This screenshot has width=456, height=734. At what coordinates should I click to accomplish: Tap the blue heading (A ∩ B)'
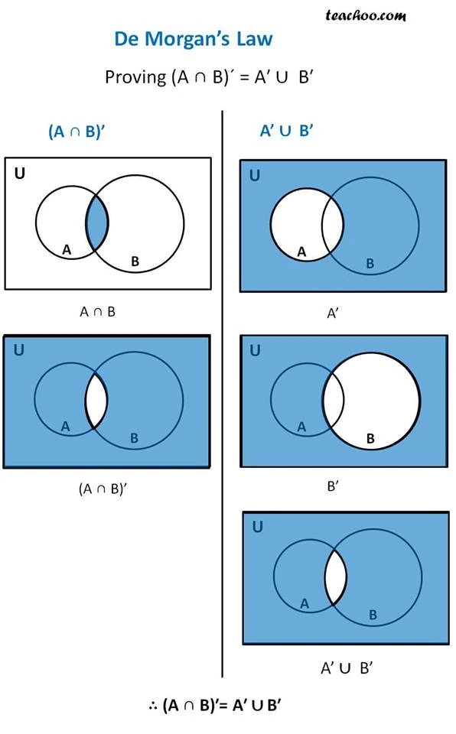pos(77,132)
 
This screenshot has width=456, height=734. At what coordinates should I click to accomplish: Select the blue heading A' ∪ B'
pos(287,131)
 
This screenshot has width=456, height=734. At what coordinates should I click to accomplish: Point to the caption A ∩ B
pos(98,311)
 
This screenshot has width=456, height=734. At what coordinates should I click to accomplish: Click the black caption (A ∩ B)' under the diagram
pos(103,489)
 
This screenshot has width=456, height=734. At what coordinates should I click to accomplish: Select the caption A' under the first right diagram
pos(333,313)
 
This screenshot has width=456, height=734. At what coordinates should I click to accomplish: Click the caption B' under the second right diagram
pos(333,486)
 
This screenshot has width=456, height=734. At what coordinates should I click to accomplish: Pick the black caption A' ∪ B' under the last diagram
pos(347,667)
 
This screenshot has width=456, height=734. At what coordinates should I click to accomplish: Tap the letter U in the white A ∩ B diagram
pos(20,174)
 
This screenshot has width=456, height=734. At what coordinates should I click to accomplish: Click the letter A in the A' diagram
pos(301,252)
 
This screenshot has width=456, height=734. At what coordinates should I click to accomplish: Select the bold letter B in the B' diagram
pos(370,438)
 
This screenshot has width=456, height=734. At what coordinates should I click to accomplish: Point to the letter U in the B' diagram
pos(255,350)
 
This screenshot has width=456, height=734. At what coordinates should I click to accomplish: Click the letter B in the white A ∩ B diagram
pos(135,261)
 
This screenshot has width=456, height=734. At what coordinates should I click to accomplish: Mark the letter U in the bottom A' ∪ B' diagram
pos(257,526)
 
